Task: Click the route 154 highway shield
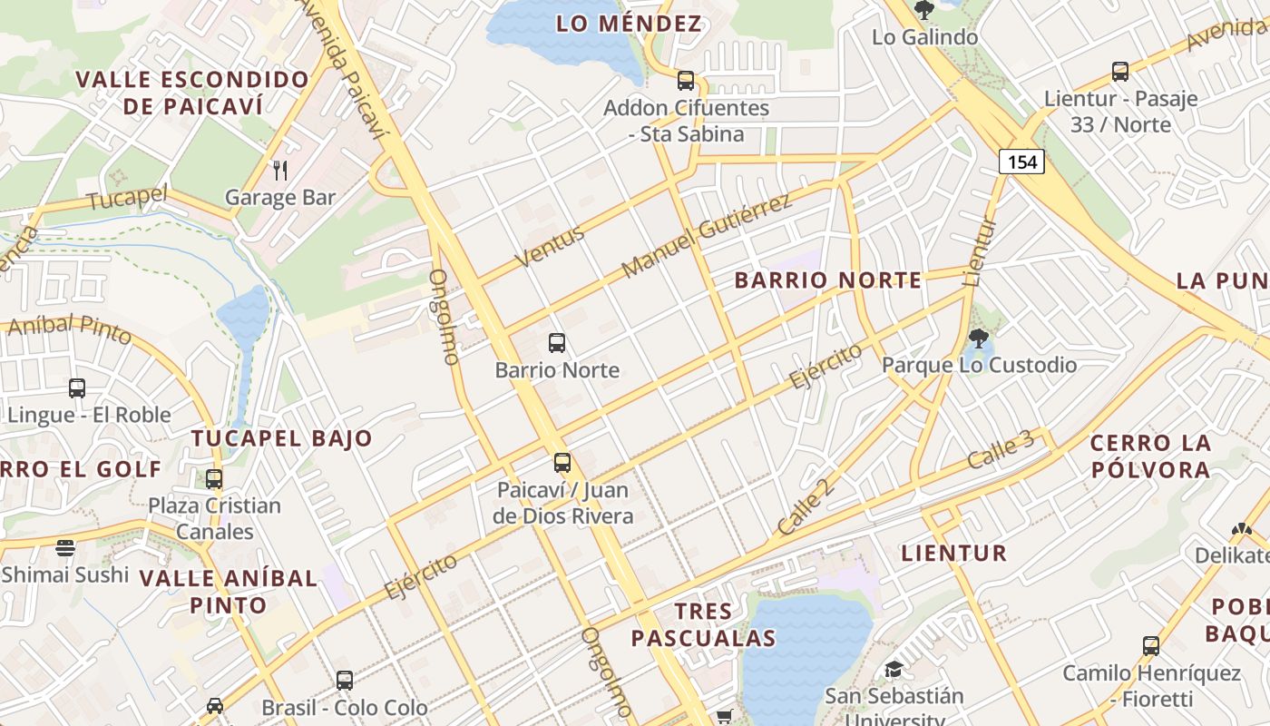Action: tap(1021, 162)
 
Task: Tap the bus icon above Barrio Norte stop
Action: tap(557, 343)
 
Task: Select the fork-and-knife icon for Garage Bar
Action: tap(280, 170)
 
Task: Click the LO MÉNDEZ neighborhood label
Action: tap(630, 24)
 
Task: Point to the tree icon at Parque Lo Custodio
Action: tap(978, 338)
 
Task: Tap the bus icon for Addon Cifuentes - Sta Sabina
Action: tap(686, 81)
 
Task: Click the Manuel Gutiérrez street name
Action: tap(707, 236)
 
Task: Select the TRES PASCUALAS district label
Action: tap(704, 624)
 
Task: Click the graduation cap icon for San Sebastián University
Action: tap(894, 670)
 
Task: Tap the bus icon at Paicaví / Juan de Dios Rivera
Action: tap(562, 463)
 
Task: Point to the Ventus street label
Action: tap(550, 246)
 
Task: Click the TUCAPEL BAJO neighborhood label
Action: tap(282, 438)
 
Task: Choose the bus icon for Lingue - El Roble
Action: tap(77, 388)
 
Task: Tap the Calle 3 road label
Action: tap(1001, 450)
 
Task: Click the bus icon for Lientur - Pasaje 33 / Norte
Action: tap(1120, 72)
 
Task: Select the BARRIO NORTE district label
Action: tap(828, 280)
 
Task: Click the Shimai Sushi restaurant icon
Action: tap(65, 547)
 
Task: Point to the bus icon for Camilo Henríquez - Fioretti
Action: tap(1151, 646)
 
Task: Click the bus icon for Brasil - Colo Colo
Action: tap(345, 681)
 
